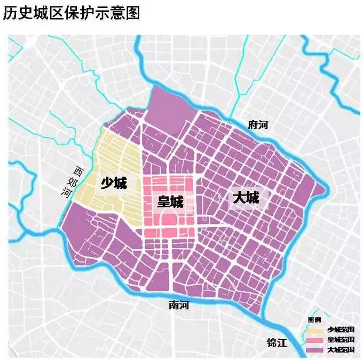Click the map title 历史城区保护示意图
point(72,13)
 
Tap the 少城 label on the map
point(114,183)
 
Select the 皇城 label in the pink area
point(170,202)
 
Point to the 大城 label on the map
point(246,197)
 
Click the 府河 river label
point(258,125)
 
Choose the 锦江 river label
point(277,343)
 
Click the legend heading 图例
point(314,319)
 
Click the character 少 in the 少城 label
point(107,183)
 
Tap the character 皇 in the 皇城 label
point(163,202)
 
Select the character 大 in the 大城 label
point(239,197)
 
